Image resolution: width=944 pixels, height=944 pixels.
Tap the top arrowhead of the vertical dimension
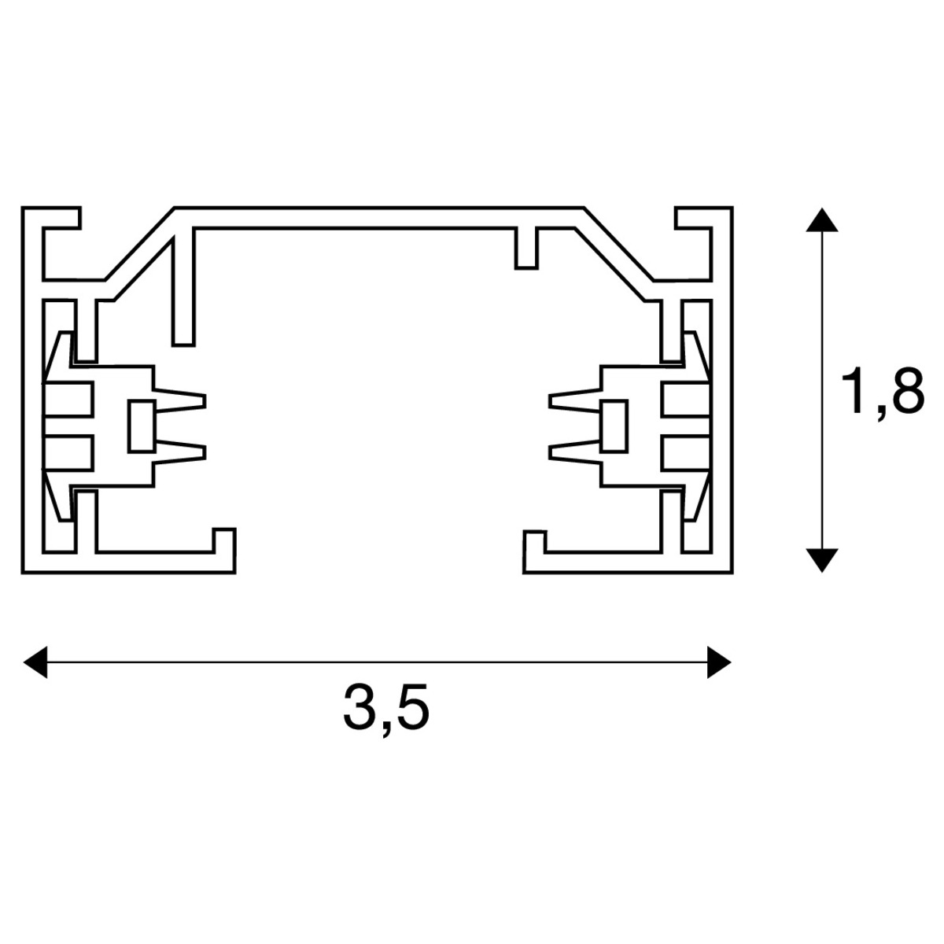(822, 219)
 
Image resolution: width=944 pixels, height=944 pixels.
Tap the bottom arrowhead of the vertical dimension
(822, 560)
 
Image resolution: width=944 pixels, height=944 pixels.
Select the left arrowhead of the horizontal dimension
(36, 662)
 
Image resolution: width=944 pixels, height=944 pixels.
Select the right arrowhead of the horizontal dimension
(720, 662)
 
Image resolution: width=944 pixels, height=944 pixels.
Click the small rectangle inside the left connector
(141, 426)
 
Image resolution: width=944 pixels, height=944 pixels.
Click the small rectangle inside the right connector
(614, 426)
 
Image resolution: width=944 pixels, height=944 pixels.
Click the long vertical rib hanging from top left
(183, 287)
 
